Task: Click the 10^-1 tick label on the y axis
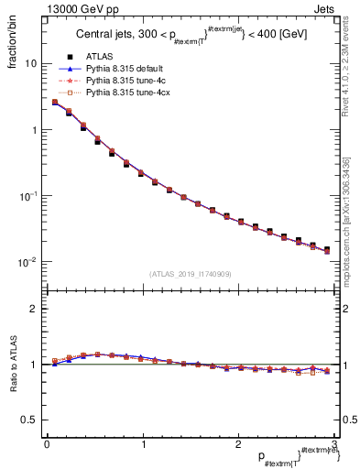pyautogui.click(x=27, y=196)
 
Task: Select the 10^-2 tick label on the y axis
pyautogui.click(x=27, y=262)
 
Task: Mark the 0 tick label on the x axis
pyautogui.click(x=47, y=444)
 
